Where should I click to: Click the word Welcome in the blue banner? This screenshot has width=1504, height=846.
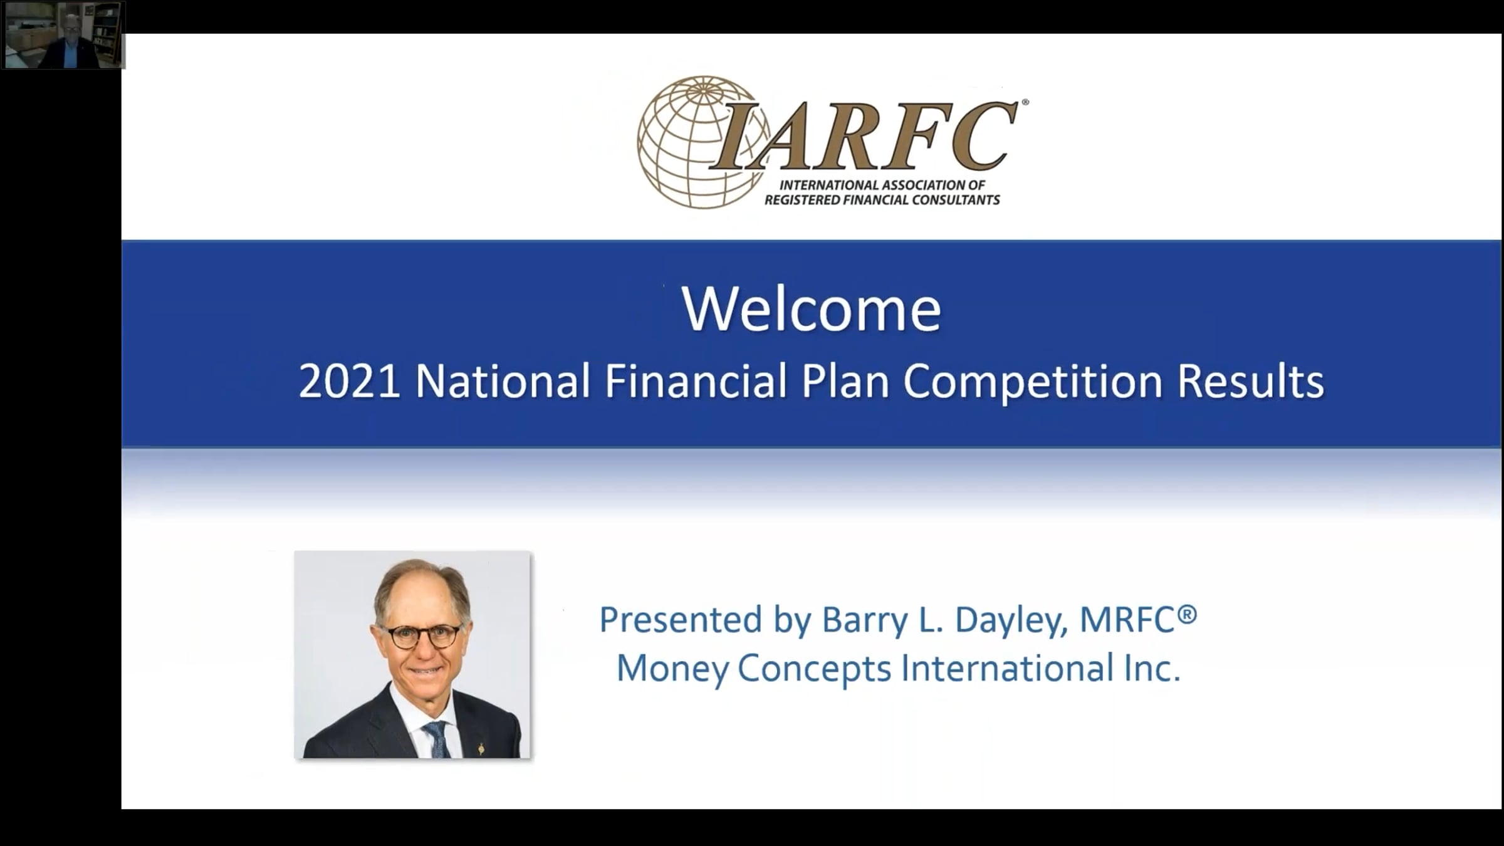tap(812, 309)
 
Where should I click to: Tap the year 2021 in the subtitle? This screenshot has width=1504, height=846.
tap(349, 381)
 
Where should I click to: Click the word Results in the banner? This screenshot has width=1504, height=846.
tap(1251, 381)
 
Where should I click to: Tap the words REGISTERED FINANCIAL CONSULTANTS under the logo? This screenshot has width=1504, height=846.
tap(882, 201)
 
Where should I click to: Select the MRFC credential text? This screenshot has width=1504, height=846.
tap(1138, 619)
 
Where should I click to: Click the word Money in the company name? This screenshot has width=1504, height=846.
tap(672, 669)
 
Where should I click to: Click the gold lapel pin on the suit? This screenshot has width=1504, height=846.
tap(481, 748)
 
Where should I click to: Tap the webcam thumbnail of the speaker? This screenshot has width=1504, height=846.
tap(63, 34)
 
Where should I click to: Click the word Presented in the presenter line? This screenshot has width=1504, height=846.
tap(682, 620)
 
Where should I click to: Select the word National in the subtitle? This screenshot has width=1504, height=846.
tap(503, 381)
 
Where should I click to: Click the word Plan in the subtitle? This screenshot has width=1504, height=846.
tap(845, 381)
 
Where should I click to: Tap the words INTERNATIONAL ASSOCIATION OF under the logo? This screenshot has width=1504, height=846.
tap(882, 185)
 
